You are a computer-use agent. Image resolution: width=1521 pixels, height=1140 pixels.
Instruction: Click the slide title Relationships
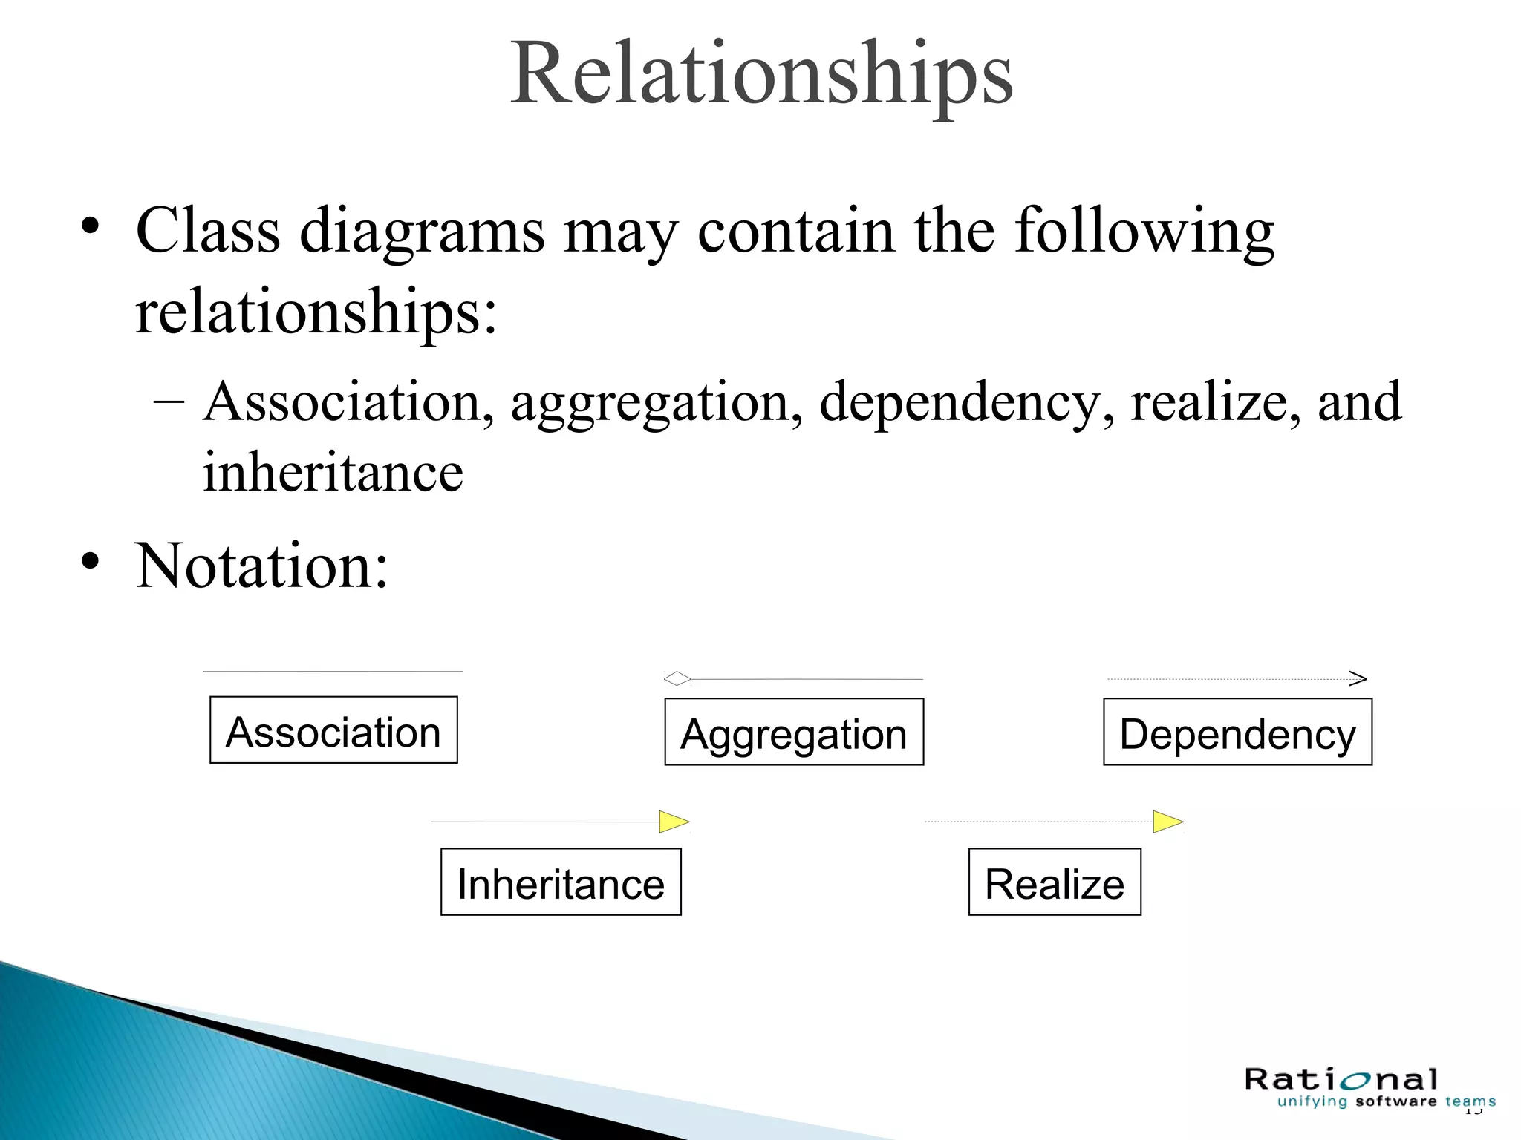tap(761, 74)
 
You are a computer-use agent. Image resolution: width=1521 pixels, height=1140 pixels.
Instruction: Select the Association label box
tap(333, 730)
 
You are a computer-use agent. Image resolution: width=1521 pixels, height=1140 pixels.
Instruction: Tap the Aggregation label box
tap(794, 733)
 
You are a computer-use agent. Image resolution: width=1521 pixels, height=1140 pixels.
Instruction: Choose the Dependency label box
tap(1237, 733)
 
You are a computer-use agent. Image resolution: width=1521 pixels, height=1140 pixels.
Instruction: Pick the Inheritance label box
tap(561, 882)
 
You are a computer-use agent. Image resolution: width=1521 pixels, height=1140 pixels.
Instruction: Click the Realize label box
tap(1055, 882)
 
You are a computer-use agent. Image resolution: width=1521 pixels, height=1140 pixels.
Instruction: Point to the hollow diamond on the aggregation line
tap(677, 678)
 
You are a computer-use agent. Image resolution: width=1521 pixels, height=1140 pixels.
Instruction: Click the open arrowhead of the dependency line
tap(1358, 678)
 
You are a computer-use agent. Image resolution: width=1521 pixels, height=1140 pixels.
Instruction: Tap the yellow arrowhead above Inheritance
tap(674, 822)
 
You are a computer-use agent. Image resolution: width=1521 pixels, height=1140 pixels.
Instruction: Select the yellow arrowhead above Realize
tap(1167, 822)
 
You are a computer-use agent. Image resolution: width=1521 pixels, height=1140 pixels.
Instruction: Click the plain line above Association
tap(333, 672)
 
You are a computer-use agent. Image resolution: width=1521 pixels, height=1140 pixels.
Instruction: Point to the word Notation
tap(261, 566)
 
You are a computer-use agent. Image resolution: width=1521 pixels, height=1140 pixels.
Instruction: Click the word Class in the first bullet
tap(208, 231)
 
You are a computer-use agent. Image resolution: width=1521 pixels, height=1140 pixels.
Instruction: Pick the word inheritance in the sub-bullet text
tap(333, 473)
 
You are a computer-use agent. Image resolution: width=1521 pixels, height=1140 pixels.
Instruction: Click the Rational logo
tap(1341, 1078)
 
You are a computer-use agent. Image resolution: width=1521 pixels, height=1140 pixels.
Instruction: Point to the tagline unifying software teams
tap(1386, 1102)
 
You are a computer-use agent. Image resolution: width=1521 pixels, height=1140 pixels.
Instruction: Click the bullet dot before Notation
tap(90, 562)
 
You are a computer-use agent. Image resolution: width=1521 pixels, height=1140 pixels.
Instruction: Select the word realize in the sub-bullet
tap(1215, 402)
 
